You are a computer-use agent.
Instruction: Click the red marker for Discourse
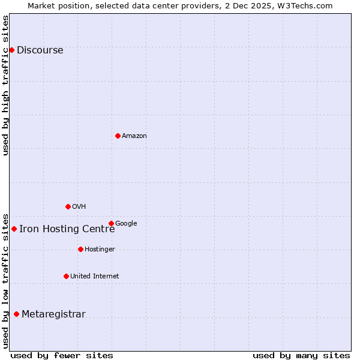tap(12, 50)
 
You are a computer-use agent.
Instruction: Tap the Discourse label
tap(40, 50)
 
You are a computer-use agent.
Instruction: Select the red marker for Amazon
tap(118, 136)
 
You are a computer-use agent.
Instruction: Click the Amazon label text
tap(134, 136)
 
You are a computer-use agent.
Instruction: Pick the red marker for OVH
tap(68, 206)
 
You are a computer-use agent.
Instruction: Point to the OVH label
tap(79, 207)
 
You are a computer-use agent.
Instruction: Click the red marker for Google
tap(111, 223)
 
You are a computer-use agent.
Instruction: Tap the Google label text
tap(126, 224)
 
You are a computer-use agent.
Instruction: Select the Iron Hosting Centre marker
tap(14, 229)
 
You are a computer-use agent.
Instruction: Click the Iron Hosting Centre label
tap(67, 229)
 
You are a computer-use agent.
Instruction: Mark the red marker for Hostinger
tap(80, 249)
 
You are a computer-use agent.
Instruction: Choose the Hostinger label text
tap(100, 250)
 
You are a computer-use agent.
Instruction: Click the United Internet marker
tap(66, 276)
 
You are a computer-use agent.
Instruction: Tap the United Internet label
tap(95, 277)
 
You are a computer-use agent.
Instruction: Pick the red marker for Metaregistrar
tap(16, 314)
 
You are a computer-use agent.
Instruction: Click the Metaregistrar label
tap(54, 314)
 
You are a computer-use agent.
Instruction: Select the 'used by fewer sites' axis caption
tap(62, 356)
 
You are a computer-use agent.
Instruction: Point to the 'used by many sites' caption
tap(301, 356)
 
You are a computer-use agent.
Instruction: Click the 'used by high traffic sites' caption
tap(6, 85)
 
